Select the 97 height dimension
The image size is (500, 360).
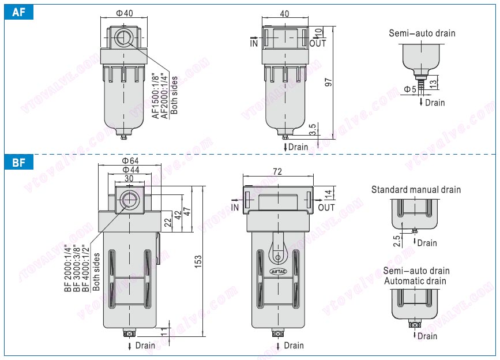pyautogui.click(x=329, y=82)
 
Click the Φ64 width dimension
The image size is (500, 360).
pyautogui.click(x=129, y=160)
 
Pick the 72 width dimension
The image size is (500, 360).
pyautogui.click(x=277, y=172)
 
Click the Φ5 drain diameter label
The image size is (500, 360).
pyautogui.click(x=410, y=89)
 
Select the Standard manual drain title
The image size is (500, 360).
pyautogui.click(x=416, y=189)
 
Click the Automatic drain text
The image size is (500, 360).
pyautogui.click(x=415, y=281)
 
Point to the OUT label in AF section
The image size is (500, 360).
pyautogui.click(x=318, y=43)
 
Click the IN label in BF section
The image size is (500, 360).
pyautogui.click(x=235, y=207)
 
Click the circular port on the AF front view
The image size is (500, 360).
pyautogui.click(x=122, y=39)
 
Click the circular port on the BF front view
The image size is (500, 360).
pyautogui.click(x=129, y=201)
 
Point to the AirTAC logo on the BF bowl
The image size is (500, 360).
pyautogui.click(x=277, y=269)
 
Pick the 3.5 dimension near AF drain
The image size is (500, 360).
pyautogui.click(x=312, y=130)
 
